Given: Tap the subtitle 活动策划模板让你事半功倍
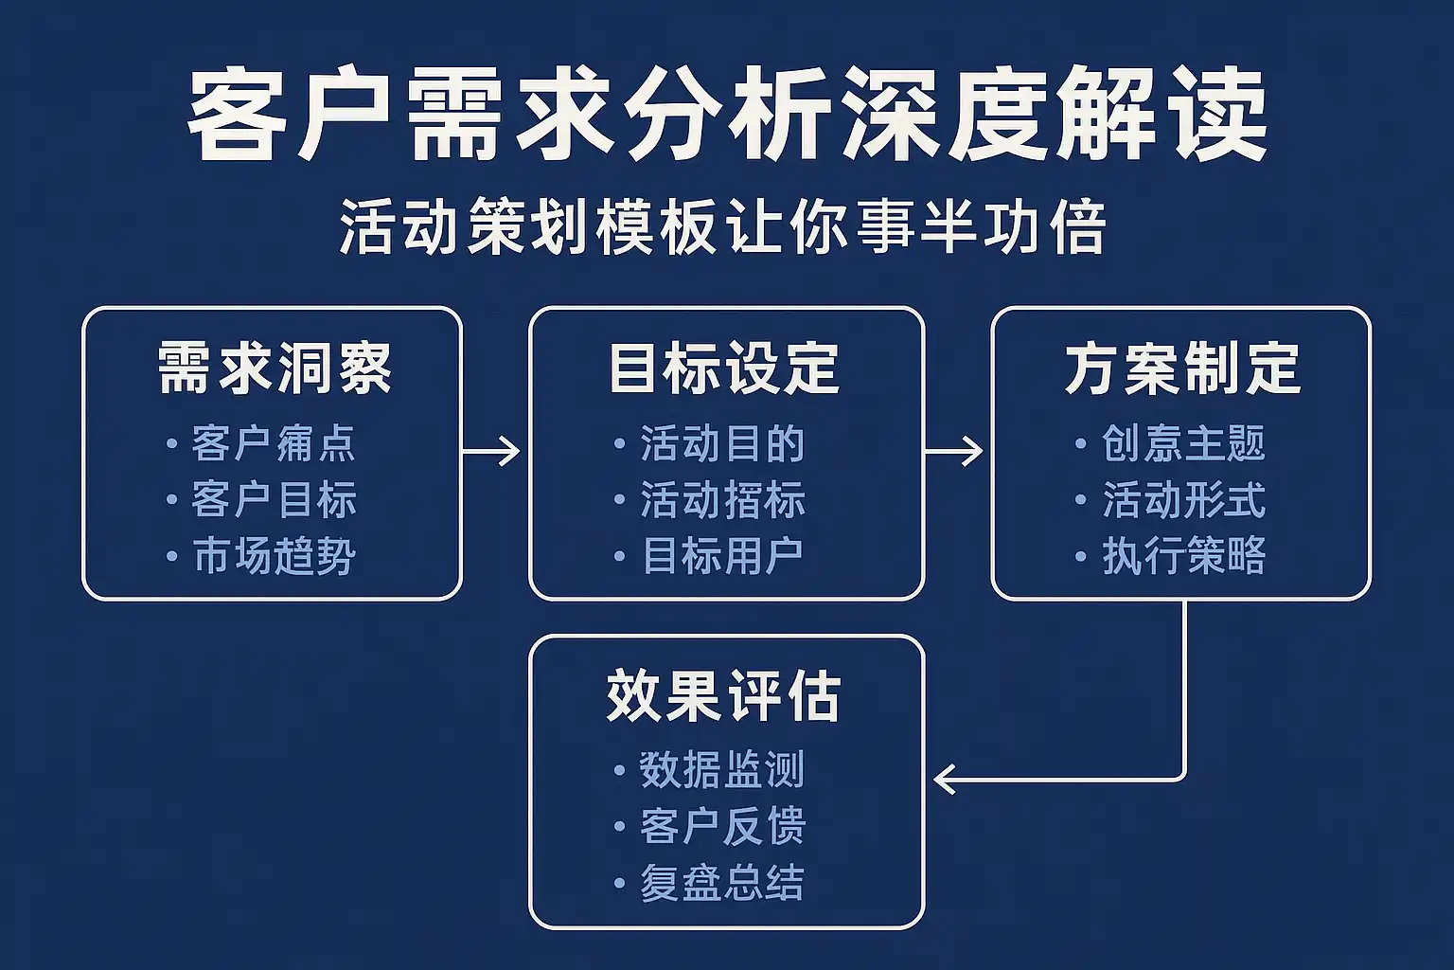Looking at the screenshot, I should [722, 227].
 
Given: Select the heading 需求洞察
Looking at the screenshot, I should [275, 368].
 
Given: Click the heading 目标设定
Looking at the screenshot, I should [724, 368].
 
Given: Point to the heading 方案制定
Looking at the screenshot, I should [1182, 368].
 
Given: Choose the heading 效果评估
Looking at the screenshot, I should [724, 696].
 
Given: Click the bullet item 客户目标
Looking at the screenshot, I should [274, 500].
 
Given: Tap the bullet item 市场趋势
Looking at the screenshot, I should [274, 556].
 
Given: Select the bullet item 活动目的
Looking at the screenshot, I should [722, 444].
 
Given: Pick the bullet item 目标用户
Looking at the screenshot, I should [722, 556].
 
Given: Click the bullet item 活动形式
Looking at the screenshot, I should [1183, 500].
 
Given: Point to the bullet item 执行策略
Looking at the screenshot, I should [1183, 556].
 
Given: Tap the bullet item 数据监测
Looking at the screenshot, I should [722, 770].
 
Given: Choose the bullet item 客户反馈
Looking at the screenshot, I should [722, 826].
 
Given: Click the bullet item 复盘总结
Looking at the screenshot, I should [722, 883].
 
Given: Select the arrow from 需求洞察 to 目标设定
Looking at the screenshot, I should [491, 451].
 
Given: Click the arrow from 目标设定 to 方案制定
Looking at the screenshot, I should [954, 451].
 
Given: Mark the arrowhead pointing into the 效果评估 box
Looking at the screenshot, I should [943, 780].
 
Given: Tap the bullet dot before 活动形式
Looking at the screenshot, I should [1081, 500].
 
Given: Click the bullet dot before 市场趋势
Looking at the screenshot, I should [171, 556].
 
